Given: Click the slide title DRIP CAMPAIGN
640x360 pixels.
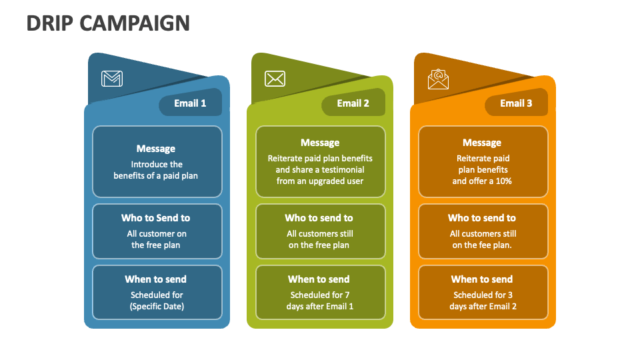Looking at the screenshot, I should point(108,23).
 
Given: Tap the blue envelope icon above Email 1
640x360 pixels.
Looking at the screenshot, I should point(112,79).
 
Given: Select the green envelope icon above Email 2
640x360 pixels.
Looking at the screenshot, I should point(275,79).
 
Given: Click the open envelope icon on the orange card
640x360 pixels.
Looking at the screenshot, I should point(438,79).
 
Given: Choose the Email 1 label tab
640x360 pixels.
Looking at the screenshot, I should point(190,103).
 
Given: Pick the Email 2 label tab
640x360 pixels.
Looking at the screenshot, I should point(353,103).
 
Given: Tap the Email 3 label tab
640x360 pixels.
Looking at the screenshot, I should point(516,103).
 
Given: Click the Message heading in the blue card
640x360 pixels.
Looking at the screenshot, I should point(156,149).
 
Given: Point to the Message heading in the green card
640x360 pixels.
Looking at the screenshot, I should point(320,143).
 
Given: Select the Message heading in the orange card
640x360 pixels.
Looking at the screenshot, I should point(482,143).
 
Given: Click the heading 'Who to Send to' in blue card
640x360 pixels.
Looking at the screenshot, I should point(155,218).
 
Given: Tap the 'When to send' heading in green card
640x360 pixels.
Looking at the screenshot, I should point(319,279).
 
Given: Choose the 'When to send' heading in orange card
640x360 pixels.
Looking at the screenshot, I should point(482,279).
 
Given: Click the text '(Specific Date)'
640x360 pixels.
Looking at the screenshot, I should point(157,307).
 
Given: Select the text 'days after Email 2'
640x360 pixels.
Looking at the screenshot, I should point(483,307).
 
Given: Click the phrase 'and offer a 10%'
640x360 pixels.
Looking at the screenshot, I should point(482,181).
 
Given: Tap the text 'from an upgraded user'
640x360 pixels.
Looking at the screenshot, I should point(320,181).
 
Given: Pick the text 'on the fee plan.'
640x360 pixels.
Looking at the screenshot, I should point(483,245).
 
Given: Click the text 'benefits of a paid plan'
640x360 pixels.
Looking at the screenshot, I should point(156,176).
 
